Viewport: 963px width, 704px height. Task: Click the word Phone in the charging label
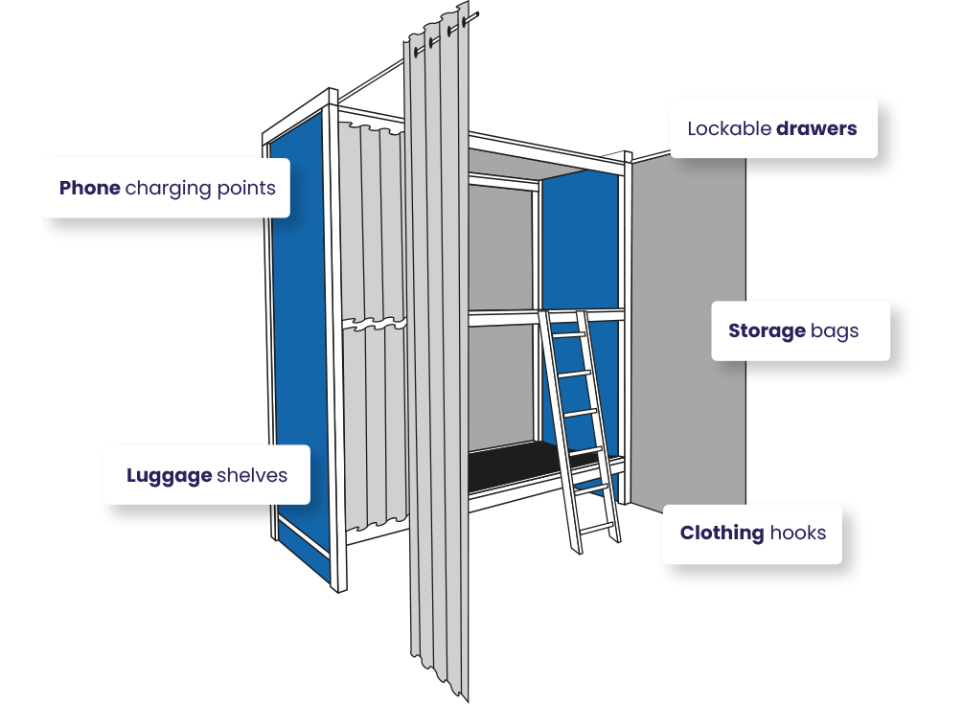90,188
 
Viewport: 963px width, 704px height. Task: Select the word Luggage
169,475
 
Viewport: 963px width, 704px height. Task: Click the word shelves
252,475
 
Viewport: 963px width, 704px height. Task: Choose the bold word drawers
816,128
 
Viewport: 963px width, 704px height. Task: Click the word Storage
767,331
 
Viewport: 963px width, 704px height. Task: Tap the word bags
835,332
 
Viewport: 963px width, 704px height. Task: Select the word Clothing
722,533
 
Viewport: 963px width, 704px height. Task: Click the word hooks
798,533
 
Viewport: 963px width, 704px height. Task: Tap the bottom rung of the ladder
595,525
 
